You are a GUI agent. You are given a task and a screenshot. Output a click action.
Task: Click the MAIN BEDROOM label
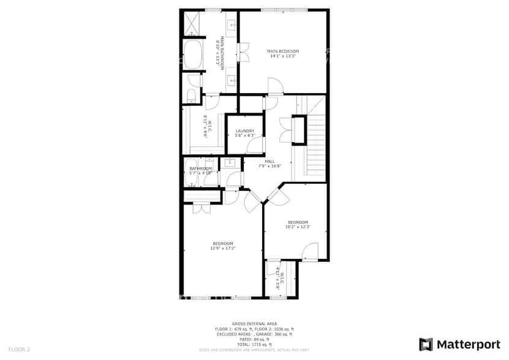click(x=283, y=51)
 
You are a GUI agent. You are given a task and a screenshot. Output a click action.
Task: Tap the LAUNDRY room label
click(x=244, y=130)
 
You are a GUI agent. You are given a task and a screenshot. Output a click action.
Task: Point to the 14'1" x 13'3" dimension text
click(x=283, y=56)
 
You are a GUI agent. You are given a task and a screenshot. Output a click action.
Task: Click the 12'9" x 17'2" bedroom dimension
click(x=223, y=248)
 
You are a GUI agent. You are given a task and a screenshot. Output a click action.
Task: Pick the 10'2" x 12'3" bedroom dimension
click(x=298, y=227)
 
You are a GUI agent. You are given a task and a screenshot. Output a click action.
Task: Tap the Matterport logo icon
click(x=426, y=344)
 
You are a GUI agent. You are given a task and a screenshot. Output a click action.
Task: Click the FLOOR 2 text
click(x=19, y=349)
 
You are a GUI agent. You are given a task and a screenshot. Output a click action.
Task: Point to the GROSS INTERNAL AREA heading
click(x=254, y=323)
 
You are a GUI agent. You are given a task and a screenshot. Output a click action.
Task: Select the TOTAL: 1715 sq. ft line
click(x=254, y=345)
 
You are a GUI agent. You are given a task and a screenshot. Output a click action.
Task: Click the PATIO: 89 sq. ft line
click(x=254, y=340)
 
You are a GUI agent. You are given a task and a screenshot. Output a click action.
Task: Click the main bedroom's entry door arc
click(x=274, y=87)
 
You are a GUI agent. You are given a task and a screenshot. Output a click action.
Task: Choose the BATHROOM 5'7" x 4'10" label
click(x=200, y=171)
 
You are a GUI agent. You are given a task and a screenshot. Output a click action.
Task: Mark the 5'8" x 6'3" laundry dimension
click(x=244, y=135)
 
